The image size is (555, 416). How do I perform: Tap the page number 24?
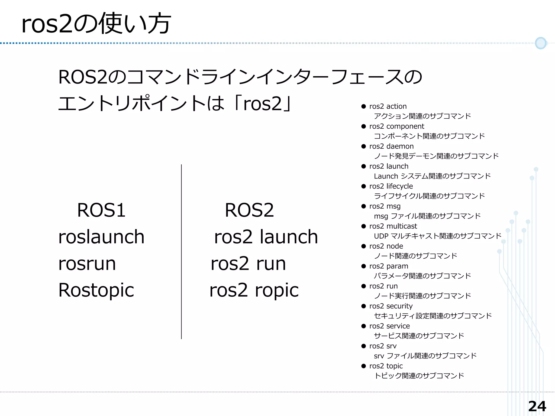tap(537, 406)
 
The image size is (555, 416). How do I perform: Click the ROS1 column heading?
tap(101, 210)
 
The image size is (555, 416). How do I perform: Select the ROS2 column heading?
tap(249, 210)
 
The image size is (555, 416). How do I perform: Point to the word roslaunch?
tap(101, 237)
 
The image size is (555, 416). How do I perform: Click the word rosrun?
tap(87, 263)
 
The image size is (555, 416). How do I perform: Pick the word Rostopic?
tap(96, 290)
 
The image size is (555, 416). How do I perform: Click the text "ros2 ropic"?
tap(254, 290)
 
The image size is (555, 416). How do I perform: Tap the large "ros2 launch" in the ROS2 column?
tap(266, 237)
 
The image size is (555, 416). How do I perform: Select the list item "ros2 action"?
tap(388, 106)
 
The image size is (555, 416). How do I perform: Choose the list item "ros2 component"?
tap(396, 126)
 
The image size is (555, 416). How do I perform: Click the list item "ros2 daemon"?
tap(391, 146)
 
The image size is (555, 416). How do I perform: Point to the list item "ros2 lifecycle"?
tap(391, 186)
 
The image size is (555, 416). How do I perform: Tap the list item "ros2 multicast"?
tap(393, 226)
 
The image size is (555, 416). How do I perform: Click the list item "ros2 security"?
tap(391, 306)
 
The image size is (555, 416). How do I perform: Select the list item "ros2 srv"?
tap(383, 346)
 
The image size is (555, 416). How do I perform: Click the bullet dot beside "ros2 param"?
tap(364, 266)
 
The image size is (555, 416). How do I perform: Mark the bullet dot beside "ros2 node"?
tap(364, 246)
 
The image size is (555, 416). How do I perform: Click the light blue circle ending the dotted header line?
tap(541, 43)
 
